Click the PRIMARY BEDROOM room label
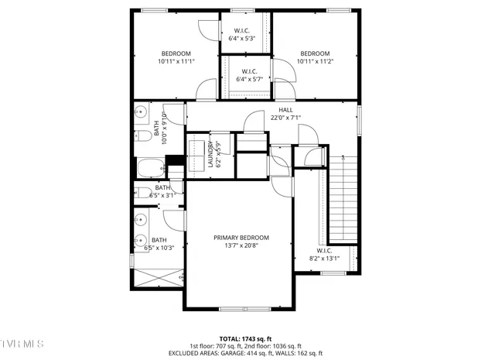click(x=241, y=237)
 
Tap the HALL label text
click(x=285, y=110)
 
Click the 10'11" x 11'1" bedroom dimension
click(x=176, y=61)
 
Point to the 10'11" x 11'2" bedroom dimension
click(x=315, y=61)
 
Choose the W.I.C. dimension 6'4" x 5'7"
click(x=249, y=79)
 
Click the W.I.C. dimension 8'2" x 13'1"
click(x=324, y=258)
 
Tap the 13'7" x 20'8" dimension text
click(x=241, y=245)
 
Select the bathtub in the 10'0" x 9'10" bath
click(x=149, y=166)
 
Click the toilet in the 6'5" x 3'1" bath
click(x=142, y=192)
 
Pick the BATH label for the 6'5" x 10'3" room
click(x=159, y=240)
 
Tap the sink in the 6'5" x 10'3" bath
click(x=140, y=239)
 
